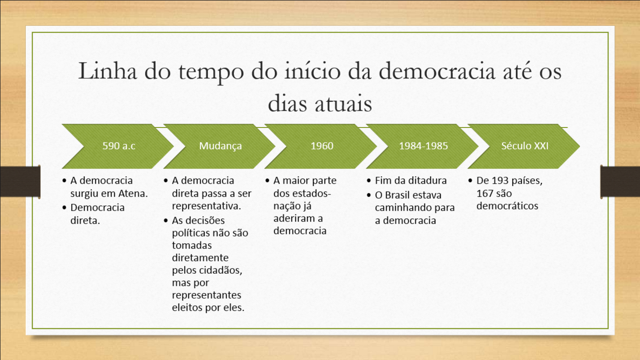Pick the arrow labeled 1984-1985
tap(423, 146)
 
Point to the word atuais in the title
tap(343, 103)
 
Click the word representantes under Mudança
tap(207, 295)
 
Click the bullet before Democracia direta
tap(64, 208)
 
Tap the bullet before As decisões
tap(166, 220)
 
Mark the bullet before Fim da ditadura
tap(369, 181)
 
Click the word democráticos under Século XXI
tap(507, 206)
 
